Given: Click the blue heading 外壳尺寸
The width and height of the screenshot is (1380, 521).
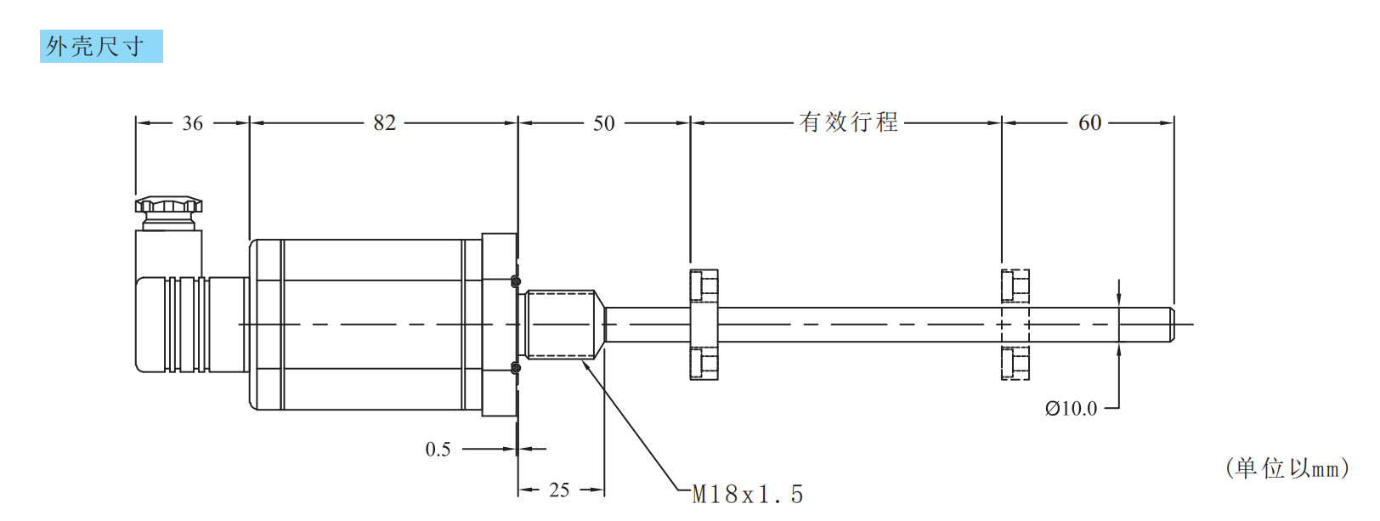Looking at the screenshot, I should tap(100, 47).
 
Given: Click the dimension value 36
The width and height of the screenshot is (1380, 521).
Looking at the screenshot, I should tap(193, 123).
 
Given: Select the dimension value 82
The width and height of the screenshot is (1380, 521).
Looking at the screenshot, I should tap(385, 122).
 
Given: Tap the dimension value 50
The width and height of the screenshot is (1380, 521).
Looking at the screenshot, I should tap(603, 123).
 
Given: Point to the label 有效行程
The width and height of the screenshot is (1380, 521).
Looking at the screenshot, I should tap(848, 122).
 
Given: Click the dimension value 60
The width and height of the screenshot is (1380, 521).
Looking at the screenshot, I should tap(1089, 123).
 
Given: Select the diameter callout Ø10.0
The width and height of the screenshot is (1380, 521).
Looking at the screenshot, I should tap(1071, 409).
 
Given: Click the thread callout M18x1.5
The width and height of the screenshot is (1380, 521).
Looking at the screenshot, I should tap(748, 494).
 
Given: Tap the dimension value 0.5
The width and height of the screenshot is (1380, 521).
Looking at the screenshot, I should tap(438, 450).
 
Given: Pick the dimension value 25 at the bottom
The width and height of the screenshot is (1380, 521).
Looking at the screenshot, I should tap(558, 490).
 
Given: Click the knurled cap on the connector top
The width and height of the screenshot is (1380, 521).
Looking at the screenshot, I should tap(168, 205).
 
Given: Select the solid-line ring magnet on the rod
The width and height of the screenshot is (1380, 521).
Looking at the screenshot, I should tap(704, 324).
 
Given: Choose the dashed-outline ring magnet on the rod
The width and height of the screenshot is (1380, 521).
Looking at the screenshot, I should tap(1015, 324).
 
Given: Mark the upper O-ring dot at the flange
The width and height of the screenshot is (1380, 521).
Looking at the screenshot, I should tap(515, 281).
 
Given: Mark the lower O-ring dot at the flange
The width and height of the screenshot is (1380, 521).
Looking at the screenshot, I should tap(515, 367).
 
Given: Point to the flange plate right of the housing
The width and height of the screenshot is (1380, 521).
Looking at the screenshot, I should tap(499, 325).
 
